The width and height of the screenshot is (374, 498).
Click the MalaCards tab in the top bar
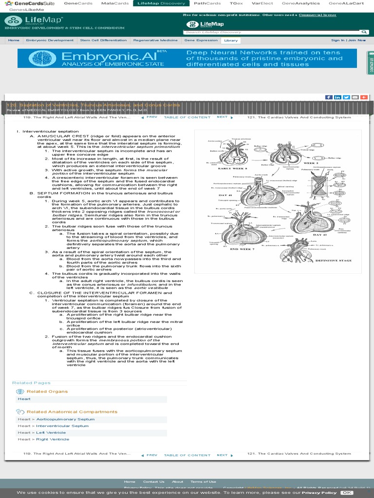[115, 3]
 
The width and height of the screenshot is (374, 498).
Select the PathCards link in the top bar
[207, 3]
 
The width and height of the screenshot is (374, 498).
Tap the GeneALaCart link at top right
[346, 3]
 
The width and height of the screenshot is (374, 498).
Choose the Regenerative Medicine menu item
[155, 40]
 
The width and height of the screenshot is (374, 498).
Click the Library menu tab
[231, 40]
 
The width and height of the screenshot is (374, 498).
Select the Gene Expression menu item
[201, 40]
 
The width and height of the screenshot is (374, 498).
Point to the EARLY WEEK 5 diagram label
[232, 168]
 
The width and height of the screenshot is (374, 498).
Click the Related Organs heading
[47, 391]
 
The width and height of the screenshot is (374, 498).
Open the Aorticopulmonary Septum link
[65, 419]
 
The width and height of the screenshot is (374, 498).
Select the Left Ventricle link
[51, 432]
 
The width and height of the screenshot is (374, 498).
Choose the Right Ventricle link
[53, 439]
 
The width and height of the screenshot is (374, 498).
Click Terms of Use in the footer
[203, 481]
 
